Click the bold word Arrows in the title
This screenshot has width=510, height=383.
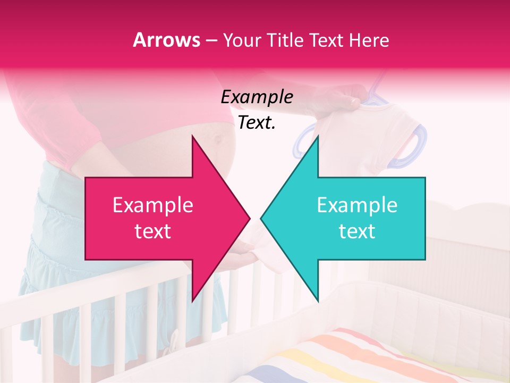click(x=166, y=40)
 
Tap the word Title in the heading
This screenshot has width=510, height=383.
click(x=286, y=40)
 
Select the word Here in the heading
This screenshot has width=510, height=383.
click(x=369, y=40)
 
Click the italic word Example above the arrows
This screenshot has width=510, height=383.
click(x=257, y=97)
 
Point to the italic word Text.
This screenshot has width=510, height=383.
click(x=257, y=123)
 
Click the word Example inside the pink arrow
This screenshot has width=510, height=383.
click(x=153, y=205)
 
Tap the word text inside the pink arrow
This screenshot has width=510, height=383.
click(x=152, y=231)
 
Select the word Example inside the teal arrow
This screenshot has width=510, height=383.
click(x=357, y=205)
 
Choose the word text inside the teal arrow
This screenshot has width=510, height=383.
click(x=357, y=231)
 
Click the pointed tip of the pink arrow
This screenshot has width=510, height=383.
click(x=248, y=219)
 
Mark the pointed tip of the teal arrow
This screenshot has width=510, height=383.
click(x=262, y=219)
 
